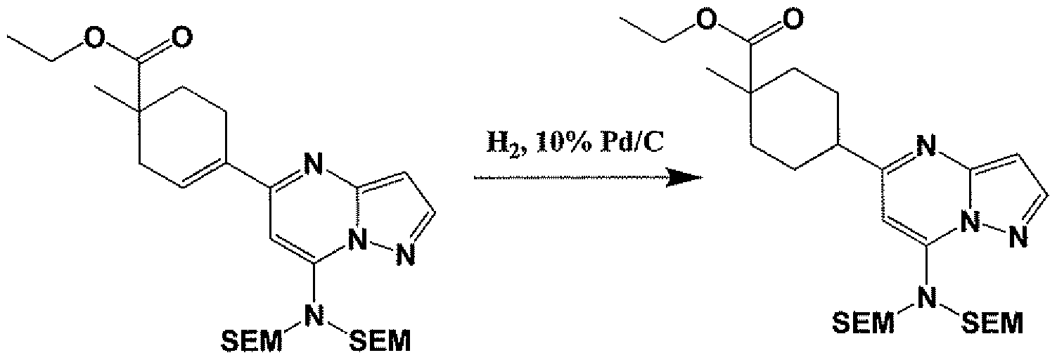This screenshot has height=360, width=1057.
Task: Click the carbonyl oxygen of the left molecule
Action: point(181,37)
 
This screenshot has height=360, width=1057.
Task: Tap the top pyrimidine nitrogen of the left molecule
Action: point(312,165)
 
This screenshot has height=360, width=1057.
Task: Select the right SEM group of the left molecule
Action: point(380,340)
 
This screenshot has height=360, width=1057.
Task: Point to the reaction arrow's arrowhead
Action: point(684,178)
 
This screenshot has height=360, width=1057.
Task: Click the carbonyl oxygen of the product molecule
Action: point(792,20)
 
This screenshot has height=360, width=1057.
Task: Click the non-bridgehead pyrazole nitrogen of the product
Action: point(1018,238)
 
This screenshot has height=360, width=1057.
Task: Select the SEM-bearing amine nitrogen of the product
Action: point(925,297)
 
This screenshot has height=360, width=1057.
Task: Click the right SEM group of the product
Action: point(993,323)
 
